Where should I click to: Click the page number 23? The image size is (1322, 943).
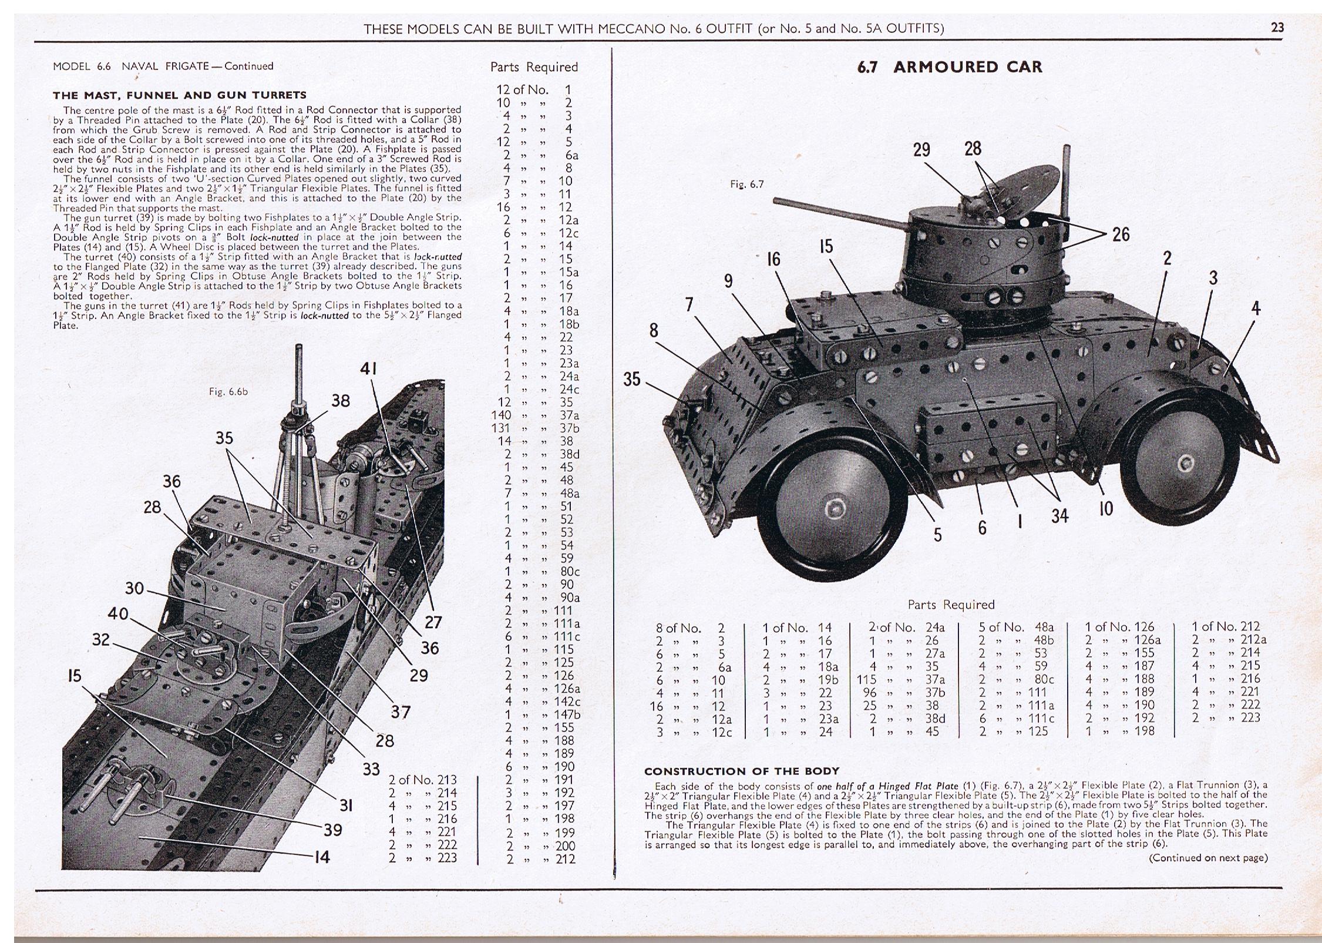1277,28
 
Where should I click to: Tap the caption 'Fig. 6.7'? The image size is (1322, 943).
746,184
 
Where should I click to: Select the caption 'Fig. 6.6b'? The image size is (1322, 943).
228,391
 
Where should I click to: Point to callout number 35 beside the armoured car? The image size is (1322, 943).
631,379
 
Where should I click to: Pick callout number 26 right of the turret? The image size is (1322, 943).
1121,234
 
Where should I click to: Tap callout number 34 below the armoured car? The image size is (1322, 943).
1059,516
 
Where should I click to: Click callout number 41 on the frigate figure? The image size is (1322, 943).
368,369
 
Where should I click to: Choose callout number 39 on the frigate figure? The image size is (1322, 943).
333,830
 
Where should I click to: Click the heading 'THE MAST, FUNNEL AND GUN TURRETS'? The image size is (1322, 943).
180,95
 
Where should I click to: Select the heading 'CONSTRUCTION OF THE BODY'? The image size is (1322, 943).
742,771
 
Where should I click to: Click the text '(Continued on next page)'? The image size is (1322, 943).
1208,857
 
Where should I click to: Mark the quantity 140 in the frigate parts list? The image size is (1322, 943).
502,415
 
